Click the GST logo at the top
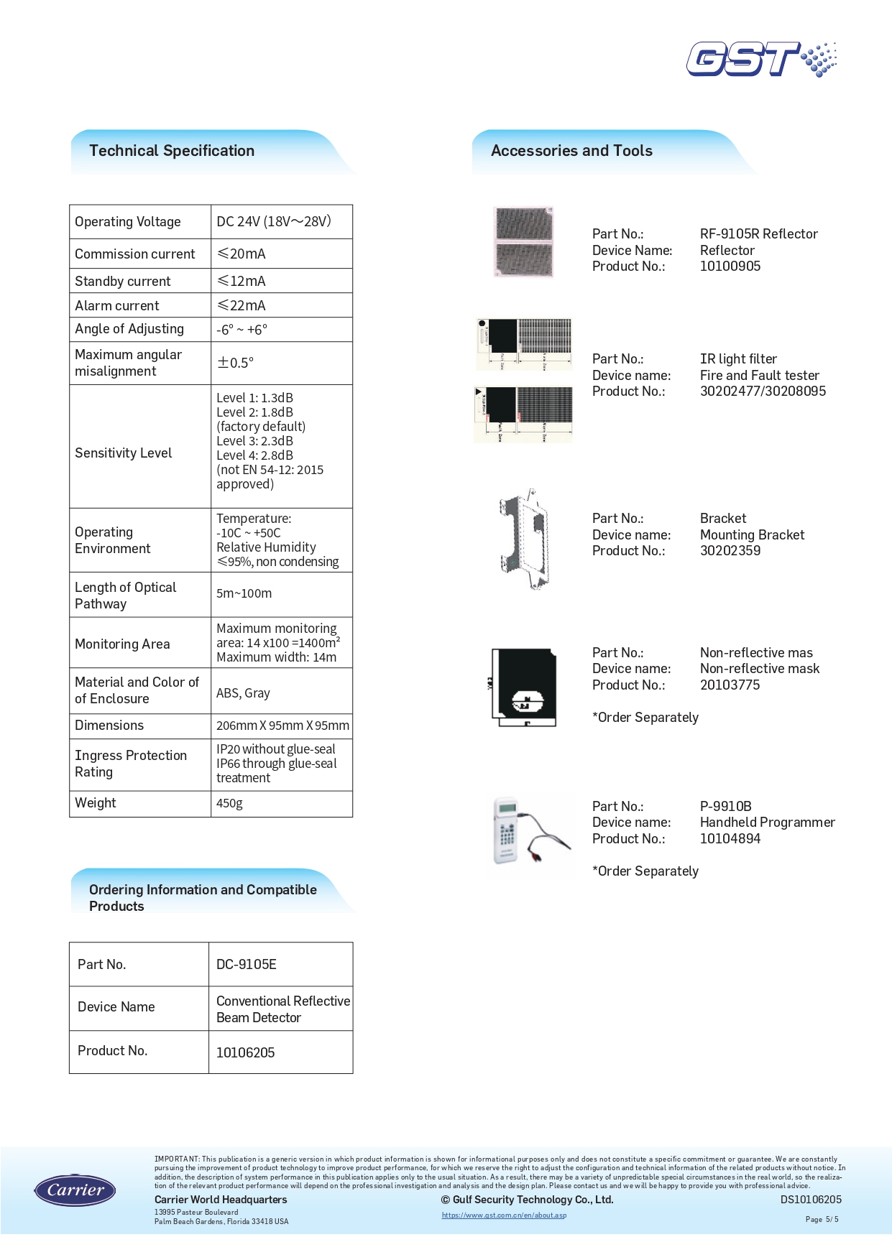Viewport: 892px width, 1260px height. pos(760,59)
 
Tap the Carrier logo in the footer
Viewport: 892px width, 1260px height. pos(75,1190)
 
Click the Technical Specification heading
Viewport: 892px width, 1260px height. pos(172,151)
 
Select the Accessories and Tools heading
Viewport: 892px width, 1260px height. pos(571,151)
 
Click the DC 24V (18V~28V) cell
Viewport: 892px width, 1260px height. pos(274,221)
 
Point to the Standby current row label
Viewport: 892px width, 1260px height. pos(123,281)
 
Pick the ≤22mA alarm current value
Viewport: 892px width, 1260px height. pos(242,305)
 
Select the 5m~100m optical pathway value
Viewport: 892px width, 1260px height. pos(244,593)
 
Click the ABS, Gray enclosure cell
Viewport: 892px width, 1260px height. pos(243,693)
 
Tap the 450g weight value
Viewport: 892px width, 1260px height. pos(230,803)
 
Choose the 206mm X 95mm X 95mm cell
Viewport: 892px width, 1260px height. pos(282,726)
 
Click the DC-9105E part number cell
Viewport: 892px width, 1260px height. pos(247,964)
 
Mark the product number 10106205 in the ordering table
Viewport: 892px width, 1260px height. pos(246,1052)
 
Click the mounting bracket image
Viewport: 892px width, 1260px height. pos(525,539)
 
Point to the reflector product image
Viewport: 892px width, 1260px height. pos(524,241)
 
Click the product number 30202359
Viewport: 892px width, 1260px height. pos(730,551)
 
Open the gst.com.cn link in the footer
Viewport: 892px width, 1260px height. pos(504,1215)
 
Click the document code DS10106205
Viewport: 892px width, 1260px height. pos(811,1200)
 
